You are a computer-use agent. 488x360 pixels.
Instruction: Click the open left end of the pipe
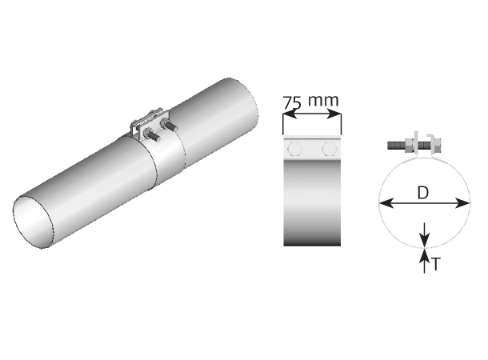click(36, 219)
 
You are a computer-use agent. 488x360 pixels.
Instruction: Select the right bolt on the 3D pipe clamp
click(170, 126)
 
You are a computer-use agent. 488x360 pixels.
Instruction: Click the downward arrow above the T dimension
click(424, 238)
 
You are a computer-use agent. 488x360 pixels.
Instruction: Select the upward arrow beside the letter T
click(424, 257)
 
